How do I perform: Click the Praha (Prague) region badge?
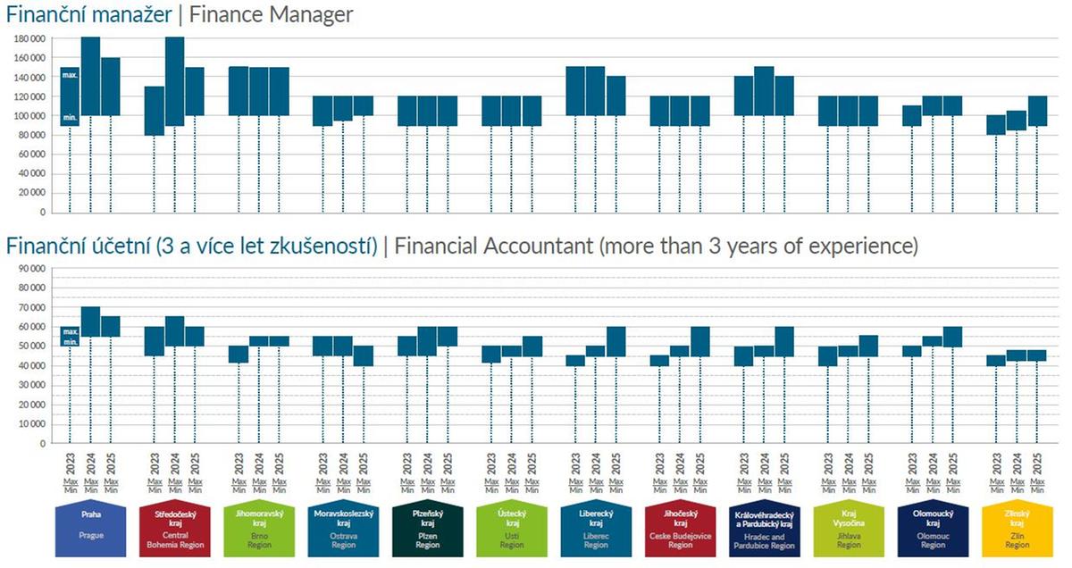click(90, 530)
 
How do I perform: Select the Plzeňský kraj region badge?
click(427, 530)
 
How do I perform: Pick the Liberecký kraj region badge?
click(595, 530)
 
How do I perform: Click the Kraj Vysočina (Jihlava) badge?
click(848, 530)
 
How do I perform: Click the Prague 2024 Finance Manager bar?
click(90, 76)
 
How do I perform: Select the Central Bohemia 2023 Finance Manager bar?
click(154, 111)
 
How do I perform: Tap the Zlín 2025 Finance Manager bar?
click(1036, 111)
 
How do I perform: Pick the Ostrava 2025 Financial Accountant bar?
click(364, 355)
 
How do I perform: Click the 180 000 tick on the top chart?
click(29, 38)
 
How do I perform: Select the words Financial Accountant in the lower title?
click(492, 246)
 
